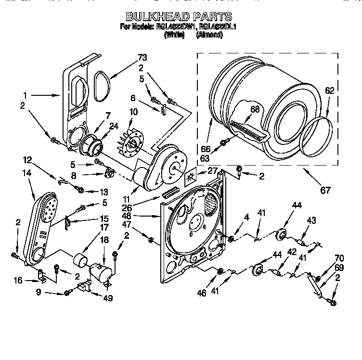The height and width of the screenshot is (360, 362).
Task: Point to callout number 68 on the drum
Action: (x=255, y=109)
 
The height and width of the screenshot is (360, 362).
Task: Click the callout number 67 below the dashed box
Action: (x=326, y=190)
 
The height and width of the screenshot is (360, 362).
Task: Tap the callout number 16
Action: (x=18, y=280)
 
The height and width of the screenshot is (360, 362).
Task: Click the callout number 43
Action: (x=311, y=220)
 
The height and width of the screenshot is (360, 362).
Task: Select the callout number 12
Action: (x=28, y=159)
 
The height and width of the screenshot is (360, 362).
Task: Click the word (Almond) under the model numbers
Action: (x=211, y=35)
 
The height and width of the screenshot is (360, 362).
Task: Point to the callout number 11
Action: (x=126, y=199)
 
